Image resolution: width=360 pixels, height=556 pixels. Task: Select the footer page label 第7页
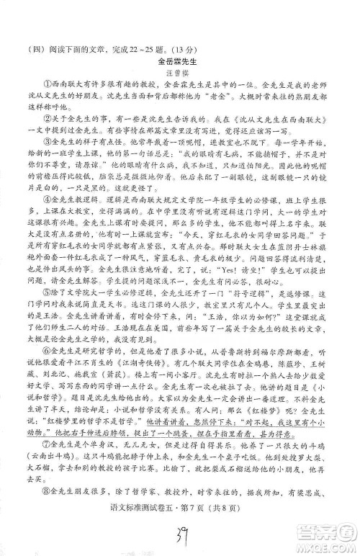pos(181,513)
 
